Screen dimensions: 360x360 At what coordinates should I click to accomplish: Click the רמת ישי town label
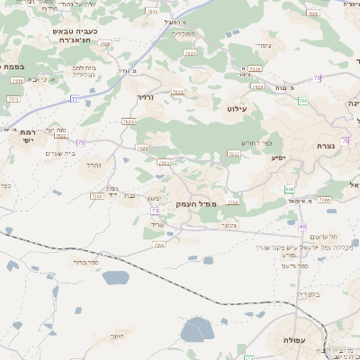(x=20, y=135)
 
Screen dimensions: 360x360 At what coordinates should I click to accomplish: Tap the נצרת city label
(x=326, y=146)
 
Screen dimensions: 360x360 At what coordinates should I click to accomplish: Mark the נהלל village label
(x=93, y=165)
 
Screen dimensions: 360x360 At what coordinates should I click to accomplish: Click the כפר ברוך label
(x=87, y=264)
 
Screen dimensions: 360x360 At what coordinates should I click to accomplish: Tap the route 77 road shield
(x=74, y=97)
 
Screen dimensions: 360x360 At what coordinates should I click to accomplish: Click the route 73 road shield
(x=155, y=210)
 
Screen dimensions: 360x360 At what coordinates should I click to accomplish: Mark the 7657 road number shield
(x=233, y=154)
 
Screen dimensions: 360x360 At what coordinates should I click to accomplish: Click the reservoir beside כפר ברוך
(x=115, y=277)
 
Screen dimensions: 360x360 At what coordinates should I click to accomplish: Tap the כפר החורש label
(x=256, y=143)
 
